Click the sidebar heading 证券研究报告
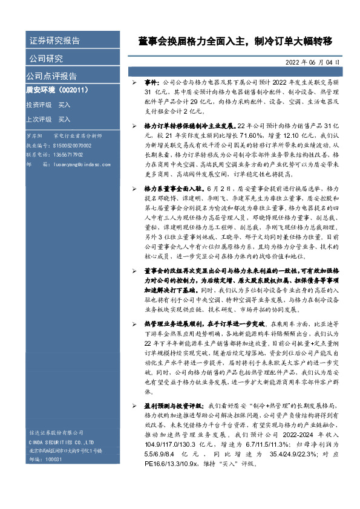click(x=54, y=41)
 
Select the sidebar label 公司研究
click(x=46, y=59)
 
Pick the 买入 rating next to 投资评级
click(x=65, y=105)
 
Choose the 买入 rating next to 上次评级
click(x=65, y=119)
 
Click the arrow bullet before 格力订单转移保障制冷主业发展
click(x=135, y=125)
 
